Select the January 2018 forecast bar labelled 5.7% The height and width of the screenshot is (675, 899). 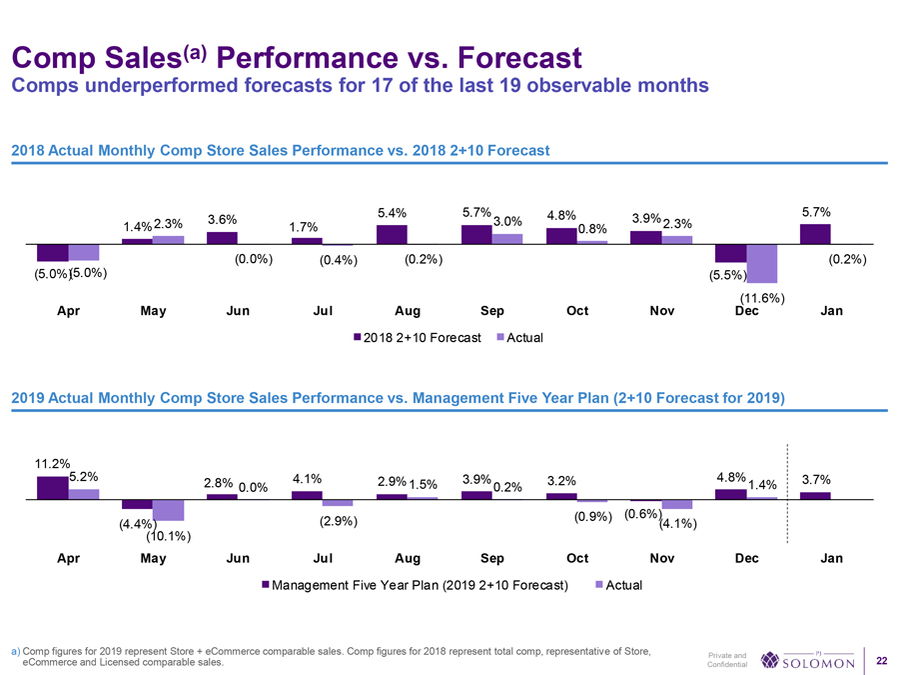(x=815, y=234)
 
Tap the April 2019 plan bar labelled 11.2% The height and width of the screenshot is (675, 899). (x=52, y=487)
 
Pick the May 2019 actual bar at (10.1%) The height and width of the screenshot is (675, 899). (x=168, y=510)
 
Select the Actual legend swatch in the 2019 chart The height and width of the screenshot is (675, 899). (x=598, y=585)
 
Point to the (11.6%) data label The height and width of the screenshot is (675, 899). (x=762, y=298)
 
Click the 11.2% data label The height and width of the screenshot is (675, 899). (x=52, y=463)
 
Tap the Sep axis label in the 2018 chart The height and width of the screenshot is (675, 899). (x=491, y=311)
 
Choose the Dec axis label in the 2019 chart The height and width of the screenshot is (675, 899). (x=746, y=559)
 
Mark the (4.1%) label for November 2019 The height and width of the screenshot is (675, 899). (x=678, y=524)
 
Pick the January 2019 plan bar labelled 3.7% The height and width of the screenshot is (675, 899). (x=815, y=495)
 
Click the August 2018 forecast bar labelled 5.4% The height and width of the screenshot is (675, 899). (x=392, y=234)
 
